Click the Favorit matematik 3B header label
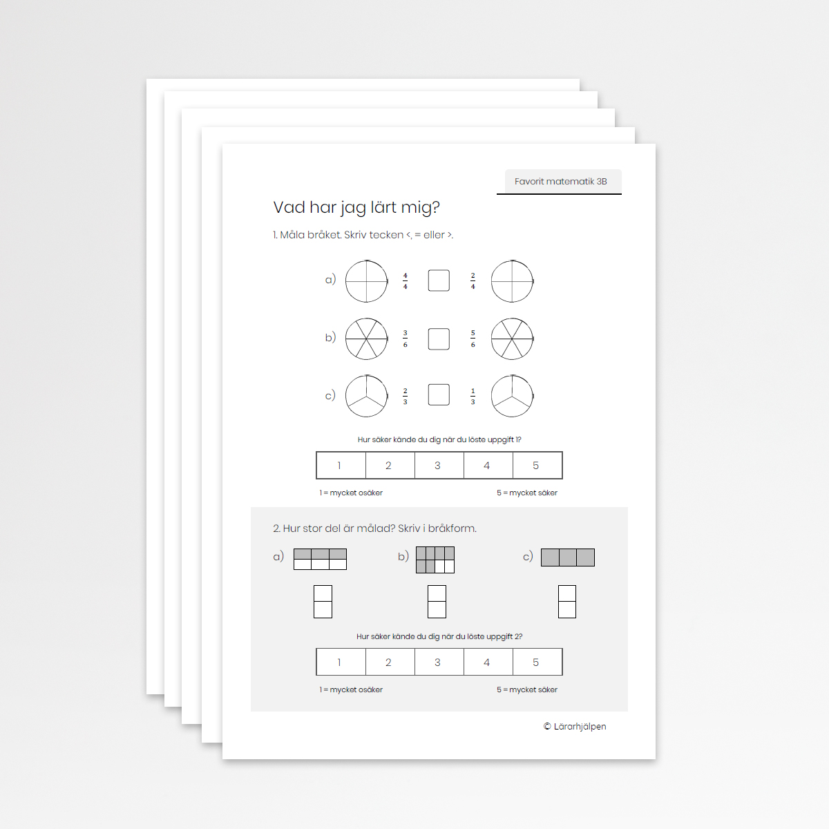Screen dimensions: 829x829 tap(560, 182)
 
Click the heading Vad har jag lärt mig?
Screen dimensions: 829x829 tap(356, 207)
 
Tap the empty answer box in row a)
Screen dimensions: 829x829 tap(439, 280)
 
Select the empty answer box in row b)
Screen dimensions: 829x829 tap(439, 339)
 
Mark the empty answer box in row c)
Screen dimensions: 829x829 tap(439, 395)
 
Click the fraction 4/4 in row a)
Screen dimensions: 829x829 tap(405, 281)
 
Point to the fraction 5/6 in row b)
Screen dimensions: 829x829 tap(473, 339)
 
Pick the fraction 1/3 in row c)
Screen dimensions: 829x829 tap(473, 397)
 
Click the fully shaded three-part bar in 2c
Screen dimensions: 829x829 tap(568, 558)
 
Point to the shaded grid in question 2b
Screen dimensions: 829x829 tap(435, 560)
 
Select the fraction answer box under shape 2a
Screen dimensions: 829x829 tap(323, 602)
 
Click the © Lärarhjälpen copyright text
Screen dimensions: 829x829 tap(575, 727)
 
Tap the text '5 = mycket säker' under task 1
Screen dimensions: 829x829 tap(527, 493)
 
